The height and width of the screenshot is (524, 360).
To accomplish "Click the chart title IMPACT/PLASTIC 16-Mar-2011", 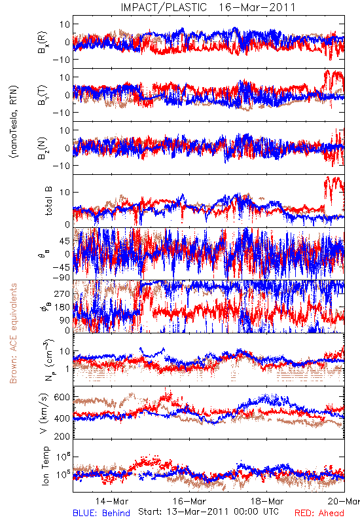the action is coord(208,7).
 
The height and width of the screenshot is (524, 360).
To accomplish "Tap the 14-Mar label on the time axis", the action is coord(111,501).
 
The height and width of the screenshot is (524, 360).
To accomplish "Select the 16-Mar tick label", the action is coord(189,501).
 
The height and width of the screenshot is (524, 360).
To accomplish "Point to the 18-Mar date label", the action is coord(267,501).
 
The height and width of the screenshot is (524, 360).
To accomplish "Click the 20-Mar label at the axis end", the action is coord(344,501).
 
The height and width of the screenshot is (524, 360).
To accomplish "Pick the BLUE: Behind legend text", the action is coord(101,513).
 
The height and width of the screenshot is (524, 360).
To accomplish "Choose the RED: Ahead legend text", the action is coord(319,513).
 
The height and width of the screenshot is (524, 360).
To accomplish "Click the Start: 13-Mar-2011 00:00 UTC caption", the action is coord(208,512).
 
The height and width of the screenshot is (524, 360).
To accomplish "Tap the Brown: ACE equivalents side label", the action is coord(13,333).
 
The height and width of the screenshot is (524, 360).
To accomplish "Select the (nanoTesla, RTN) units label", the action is coord(14,122).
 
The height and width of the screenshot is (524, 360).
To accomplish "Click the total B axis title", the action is coord(48,201).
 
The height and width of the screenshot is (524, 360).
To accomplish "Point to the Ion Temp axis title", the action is coord(45,466).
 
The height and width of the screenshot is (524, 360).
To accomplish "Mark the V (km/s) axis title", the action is coord(44,414).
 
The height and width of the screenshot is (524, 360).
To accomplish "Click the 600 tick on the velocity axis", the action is coord(62,398).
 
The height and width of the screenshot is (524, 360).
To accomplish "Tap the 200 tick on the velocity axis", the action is coord(62,436).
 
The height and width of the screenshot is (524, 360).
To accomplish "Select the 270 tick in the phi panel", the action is coord(63,294).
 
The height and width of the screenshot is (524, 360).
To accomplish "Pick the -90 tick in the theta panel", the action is coord(60,278).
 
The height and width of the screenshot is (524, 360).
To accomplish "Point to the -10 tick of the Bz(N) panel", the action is coord(61,166).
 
